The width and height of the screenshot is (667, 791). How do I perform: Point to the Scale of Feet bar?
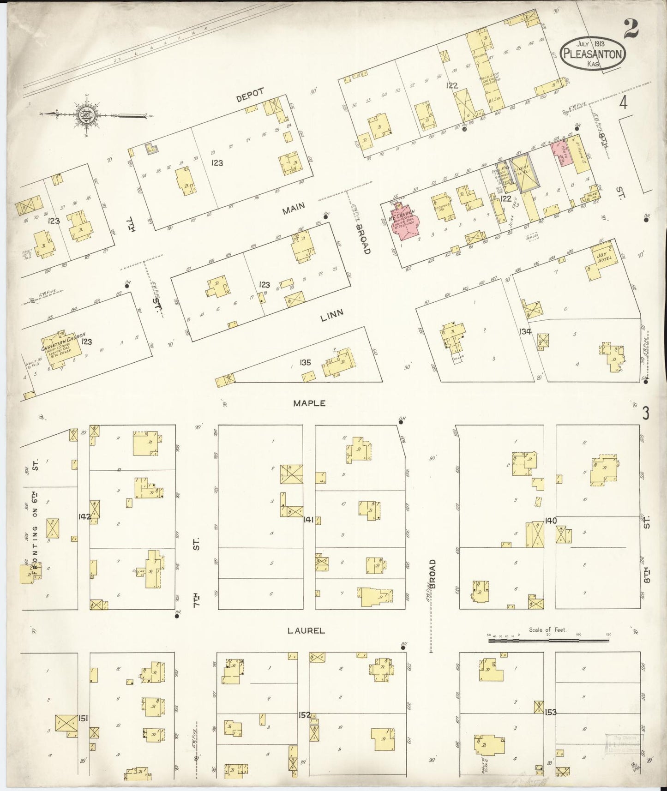(548, 640)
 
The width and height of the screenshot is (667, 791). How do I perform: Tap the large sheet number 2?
(631, 29)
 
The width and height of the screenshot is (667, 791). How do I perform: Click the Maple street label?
(309, 403)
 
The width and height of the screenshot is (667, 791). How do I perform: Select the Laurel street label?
(306, 630)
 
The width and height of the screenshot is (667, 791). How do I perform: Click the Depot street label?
(250, 95)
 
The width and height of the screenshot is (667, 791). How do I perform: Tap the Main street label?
(294, 209)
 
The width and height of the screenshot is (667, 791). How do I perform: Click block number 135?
(305, 363)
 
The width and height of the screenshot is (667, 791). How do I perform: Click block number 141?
(308, 520)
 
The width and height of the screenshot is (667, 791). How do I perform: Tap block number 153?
(550, 712)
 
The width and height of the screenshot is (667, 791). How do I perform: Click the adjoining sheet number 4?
(623, 104)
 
